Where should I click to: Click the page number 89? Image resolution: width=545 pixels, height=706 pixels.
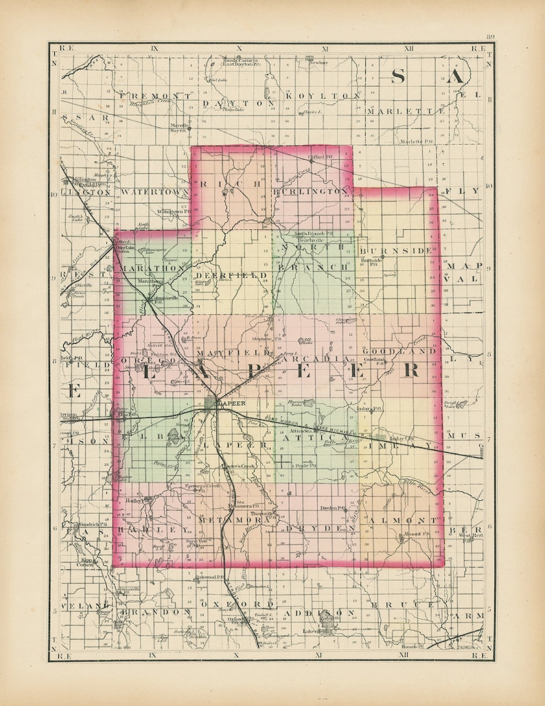point(489,37)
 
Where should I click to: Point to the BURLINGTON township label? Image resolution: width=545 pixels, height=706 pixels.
point(312,191)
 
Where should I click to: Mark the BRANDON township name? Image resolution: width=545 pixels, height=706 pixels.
point(154,611)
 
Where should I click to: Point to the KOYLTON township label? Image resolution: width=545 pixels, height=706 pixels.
point(323,96)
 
